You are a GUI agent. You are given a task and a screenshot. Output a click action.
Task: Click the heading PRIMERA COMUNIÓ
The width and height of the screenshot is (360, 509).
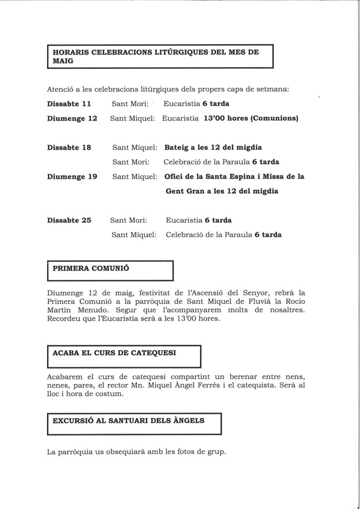click(x=90, y=268)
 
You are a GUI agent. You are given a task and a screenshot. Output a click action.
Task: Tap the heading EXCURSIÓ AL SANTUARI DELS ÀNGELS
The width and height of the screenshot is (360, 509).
click(x=128, y=421)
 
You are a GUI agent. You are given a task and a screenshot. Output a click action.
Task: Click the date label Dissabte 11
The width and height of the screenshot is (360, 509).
click(x=69, y=104)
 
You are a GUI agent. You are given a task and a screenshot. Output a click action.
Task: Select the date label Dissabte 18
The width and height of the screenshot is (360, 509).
click(x=69, y=148)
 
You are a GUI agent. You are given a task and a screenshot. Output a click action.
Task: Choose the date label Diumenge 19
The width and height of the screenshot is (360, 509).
click(x=72, y=176)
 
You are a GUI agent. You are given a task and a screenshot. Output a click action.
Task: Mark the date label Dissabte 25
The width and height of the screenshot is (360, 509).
click(x=69, y=220)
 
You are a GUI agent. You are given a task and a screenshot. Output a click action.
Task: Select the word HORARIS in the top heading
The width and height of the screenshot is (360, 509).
click(x=70, y=52)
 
